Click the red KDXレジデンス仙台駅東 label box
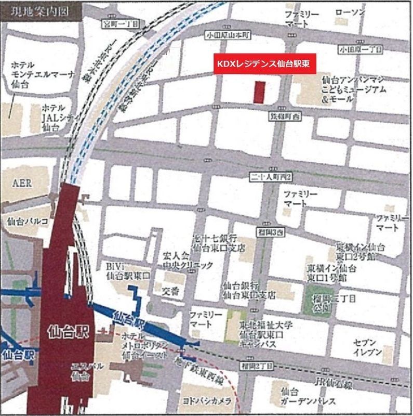tap(265, 64)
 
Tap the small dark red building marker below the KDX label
tap(259, 92)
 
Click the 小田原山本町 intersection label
tap(227, 35)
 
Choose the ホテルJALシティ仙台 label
tap(56, 117)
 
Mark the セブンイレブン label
tap(367, 347)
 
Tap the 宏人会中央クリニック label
tap(188, 260)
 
